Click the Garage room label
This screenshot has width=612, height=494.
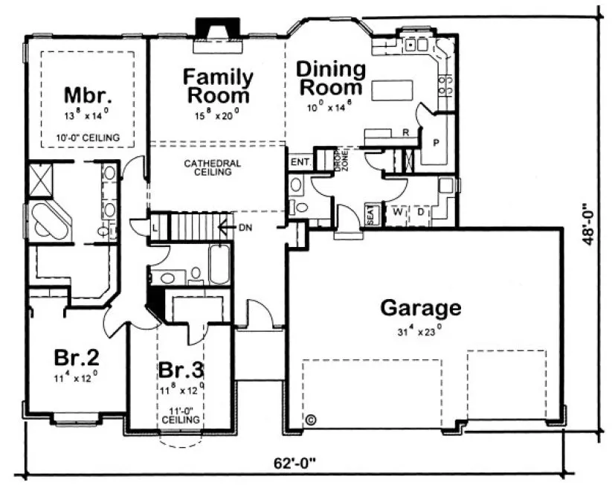tap(420, 307)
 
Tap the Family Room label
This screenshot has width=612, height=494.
tap(219, 86)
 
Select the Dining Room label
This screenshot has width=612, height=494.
tap(331, 78)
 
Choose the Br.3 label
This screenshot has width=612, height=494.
tap(181, 370)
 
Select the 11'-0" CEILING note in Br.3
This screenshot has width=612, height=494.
tap(181, 414)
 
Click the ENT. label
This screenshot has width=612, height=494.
tap(300, 161)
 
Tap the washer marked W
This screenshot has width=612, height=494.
tap(397, 211)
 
